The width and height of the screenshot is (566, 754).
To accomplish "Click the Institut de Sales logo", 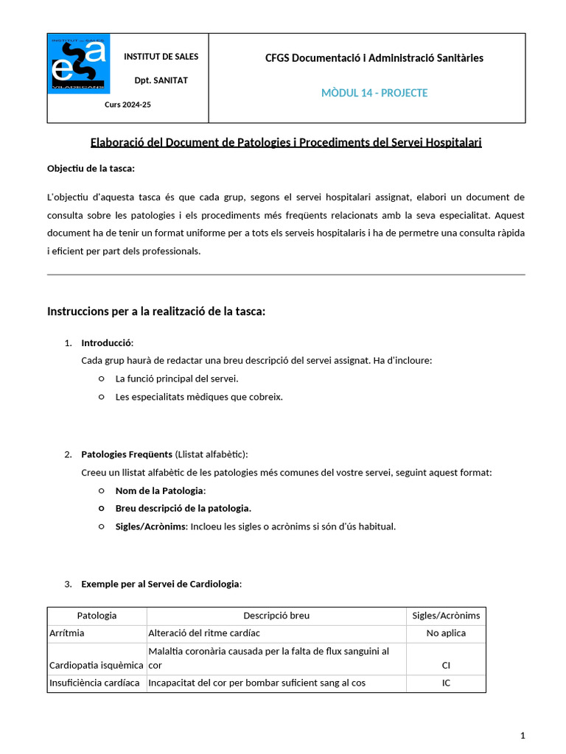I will coord(79,63).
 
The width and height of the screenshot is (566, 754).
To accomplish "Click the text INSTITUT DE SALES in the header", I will coord(161,57).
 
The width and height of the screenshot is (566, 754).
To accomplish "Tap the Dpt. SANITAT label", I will coord(161,80).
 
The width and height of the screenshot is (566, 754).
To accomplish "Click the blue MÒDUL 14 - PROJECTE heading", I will coord(374,93).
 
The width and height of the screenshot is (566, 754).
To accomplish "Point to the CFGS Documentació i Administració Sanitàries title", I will coord(374,58).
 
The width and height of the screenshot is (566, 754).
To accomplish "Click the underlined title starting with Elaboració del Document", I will coord(286,142).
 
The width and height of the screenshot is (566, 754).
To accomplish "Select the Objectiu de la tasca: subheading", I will coord(91,169).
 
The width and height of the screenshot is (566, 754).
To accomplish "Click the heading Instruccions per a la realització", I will coord(156,311).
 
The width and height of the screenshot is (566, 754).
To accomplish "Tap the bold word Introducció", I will coord(107,343).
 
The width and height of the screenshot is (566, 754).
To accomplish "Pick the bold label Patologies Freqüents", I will coord(127,454).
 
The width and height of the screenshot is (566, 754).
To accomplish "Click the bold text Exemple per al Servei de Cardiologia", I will coord(160,584).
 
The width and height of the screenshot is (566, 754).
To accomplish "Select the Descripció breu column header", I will coord(276,616).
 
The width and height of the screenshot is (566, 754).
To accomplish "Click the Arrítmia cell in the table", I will coord(66,633).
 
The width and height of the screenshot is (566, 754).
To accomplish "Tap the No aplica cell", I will coord(446,633).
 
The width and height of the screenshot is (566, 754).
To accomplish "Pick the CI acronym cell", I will coord(446,665).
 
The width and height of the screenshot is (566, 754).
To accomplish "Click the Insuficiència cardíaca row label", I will coord(94,683).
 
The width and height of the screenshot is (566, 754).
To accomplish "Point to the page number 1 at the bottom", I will coord(523,735).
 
